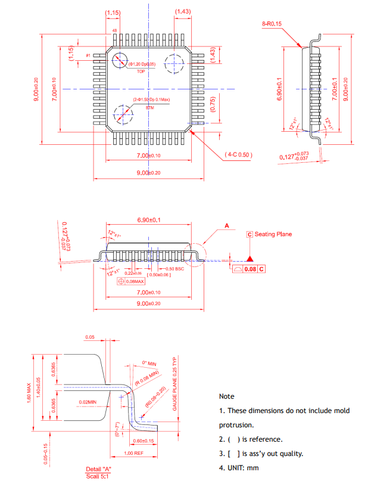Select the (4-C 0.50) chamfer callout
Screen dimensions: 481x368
coord(239,154)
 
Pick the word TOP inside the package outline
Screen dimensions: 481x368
coord(141,71)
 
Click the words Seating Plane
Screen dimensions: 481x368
coord(273,234)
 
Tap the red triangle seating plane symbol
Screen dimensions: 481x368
coord(251,259)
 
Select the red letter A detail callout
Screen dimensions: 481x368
coord(226,226)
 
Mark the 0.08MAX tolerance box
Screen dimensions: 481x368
coord(132,281)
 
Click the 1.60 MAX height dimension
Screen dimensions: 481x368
coord(27,393)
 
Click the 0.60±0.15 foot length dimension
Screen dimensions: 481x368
coord(145,441)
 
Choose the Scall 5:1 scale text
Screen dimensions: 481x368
coord(99,476)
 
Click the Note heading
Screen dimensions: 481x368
coord(226,396)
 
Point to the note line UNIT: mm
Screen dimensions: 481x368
coord(239,468)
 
